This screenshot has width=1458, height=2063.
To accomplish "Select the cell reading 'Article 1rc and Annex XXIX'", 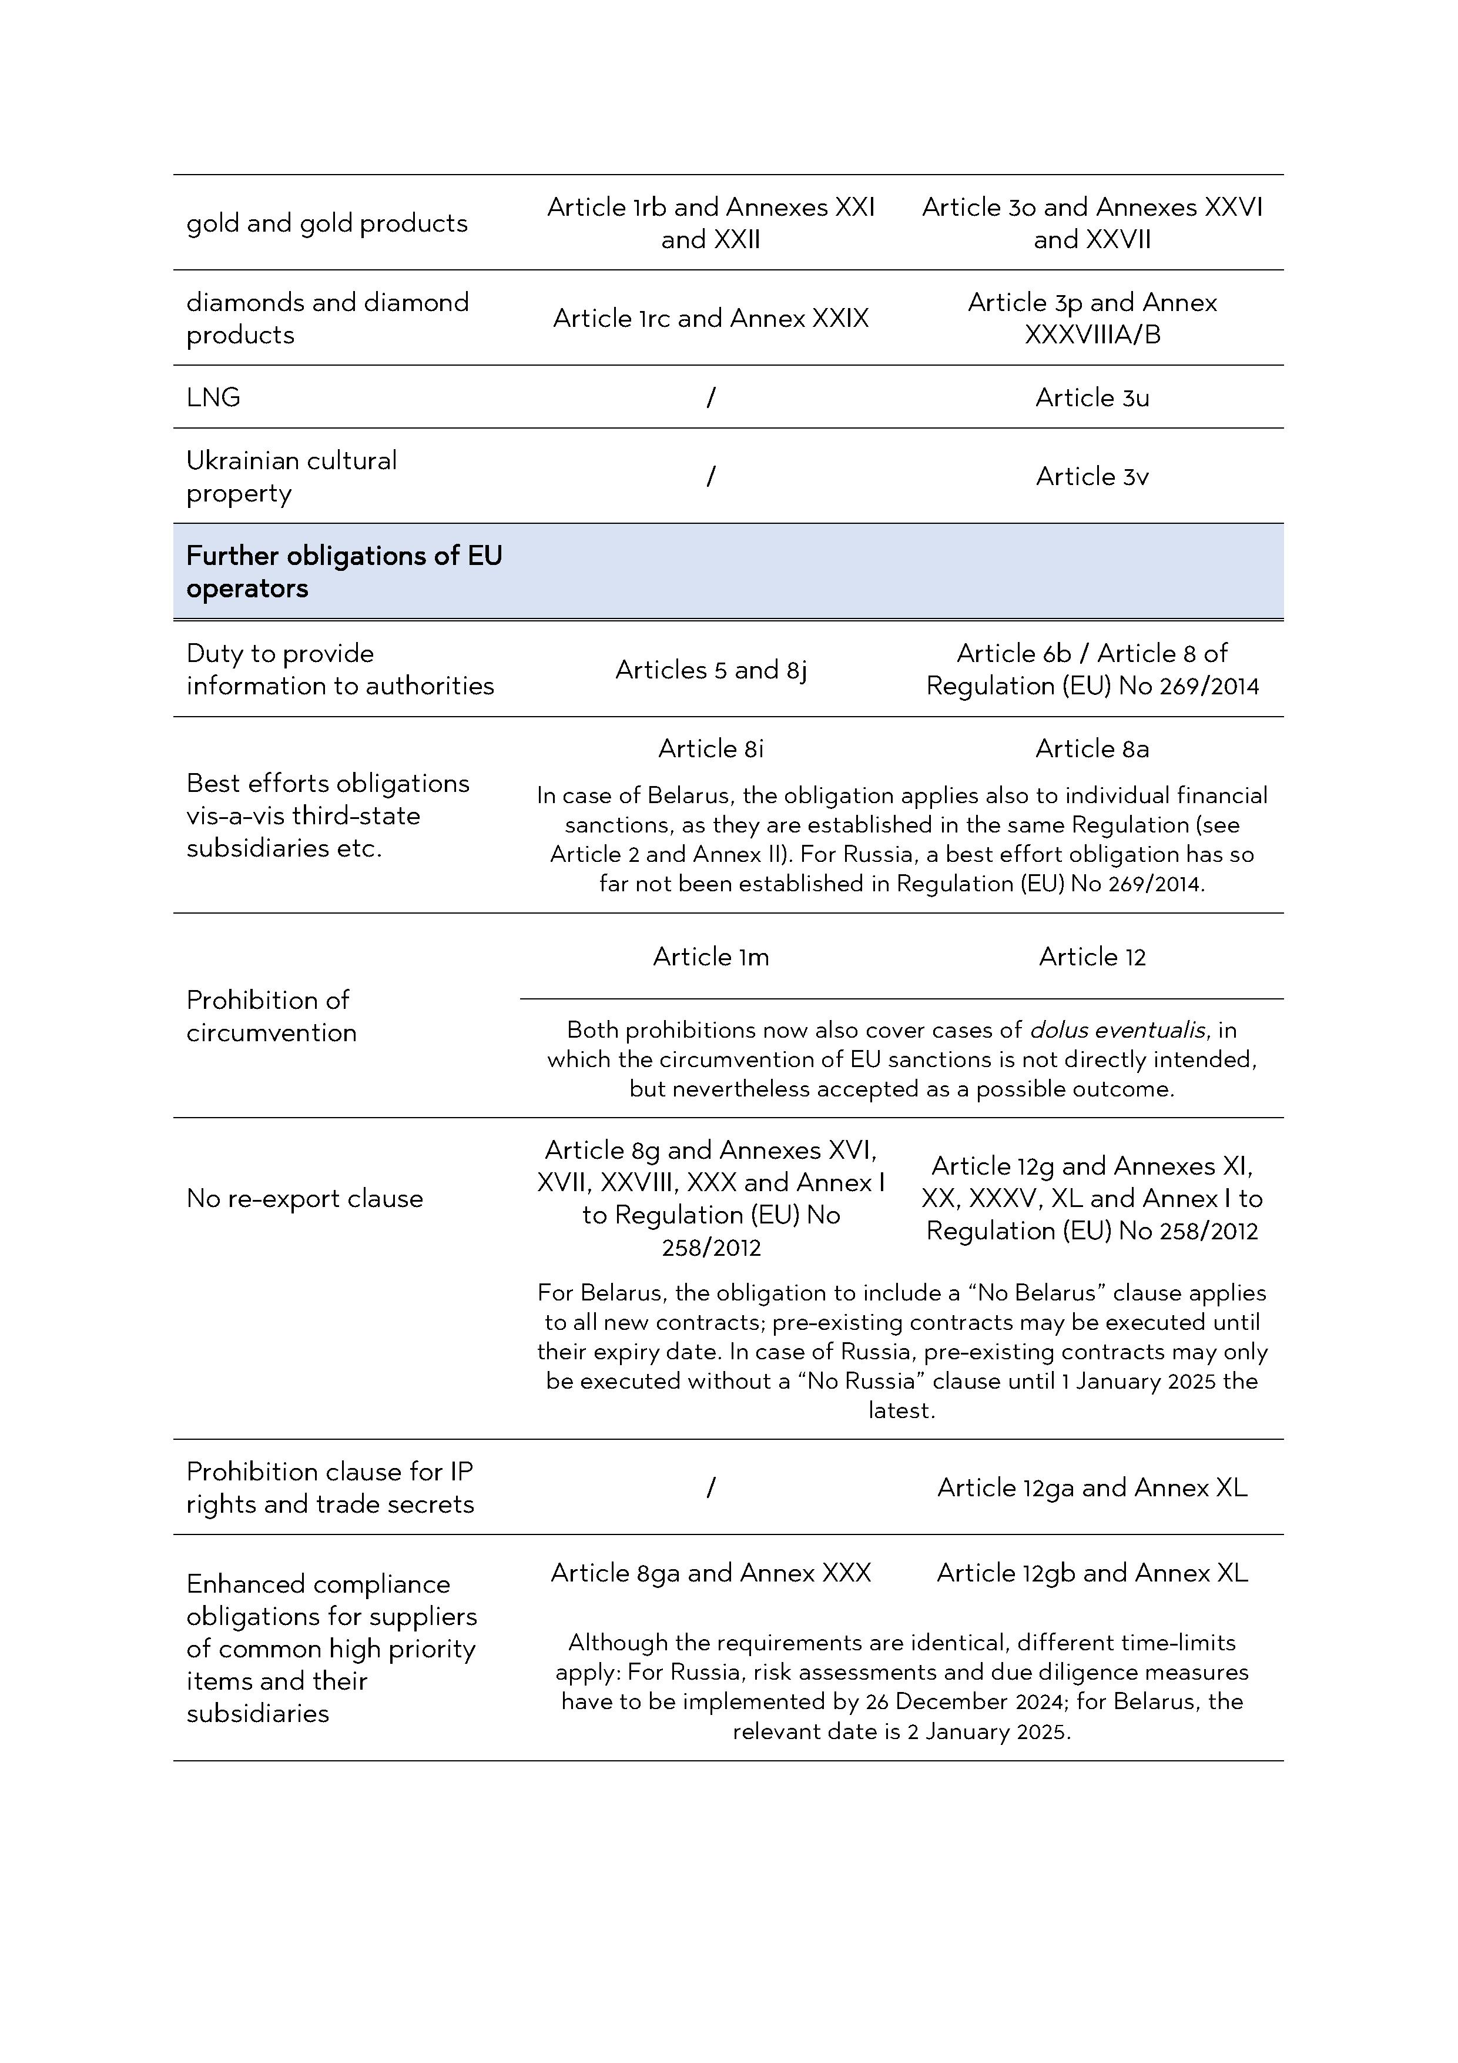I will tap(710, 318).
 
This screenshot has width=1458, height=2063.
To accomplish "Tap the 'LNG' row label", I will tap(214, 397).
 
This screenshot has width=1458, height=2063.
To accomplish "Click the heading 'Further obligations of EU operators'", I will tap(344, 571).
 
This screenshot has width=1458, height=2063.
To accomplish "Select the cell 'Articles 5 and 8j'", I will tap(710, 670).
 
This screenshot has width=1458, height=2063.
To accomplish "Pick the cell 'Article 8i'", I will tap(710, 748).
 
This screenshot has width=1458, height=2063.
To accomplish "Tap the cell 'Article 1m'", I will tap(710, 957).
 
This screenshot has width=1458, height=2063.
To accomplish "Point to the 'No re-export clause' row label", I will tap(304, 1199).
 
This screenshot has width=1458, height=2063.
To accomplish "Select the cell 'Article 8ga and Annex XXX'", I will tap(710, 1573).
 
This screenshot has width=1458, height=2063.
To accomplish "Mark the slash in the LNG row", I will tap(710, 397).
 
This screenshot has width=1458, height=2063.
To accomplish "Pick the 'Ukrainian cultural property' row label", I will tap(291, 476).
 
